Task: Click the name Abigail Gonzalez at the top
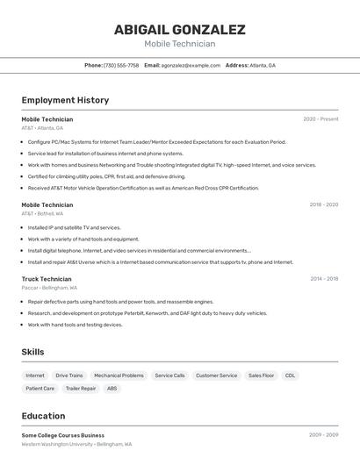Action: [x=179, y=29]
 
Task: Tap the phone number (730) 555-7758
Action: [x=121, y=65]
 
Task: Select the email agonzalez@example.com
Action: [x=191, y=65]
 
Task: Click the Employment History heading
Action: [x=65, y=100]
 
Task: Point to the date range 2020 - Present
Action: [x=320, y=119]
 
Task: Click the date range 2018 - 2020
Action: [x=323, y=204]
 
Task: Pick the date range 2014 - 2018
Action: [x=324, y=279]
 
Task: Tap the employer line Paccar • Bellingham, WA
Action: [x=49, y=288]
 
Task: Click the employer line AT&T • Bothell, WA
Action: [x=42, y=213]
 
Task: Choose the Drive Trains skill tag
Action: [x=69, y=376]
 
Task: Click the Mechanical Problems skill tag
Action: [x=119, y=376]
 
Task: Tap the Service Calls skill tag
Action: [x=169, y=376]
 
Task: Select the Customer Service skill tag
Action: [x=216, y=376]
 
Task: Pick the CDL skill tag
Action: [x=290, y=376]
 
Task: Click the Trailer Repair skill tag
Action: [x=81, y=388]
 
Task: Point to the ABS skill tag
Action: [x=112, y=388]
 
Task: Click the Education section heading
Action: [x=43, y=416]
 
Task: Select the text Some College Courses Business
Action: [x=62, y=435]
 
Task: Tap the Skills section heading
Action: [x=32, y=352]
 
